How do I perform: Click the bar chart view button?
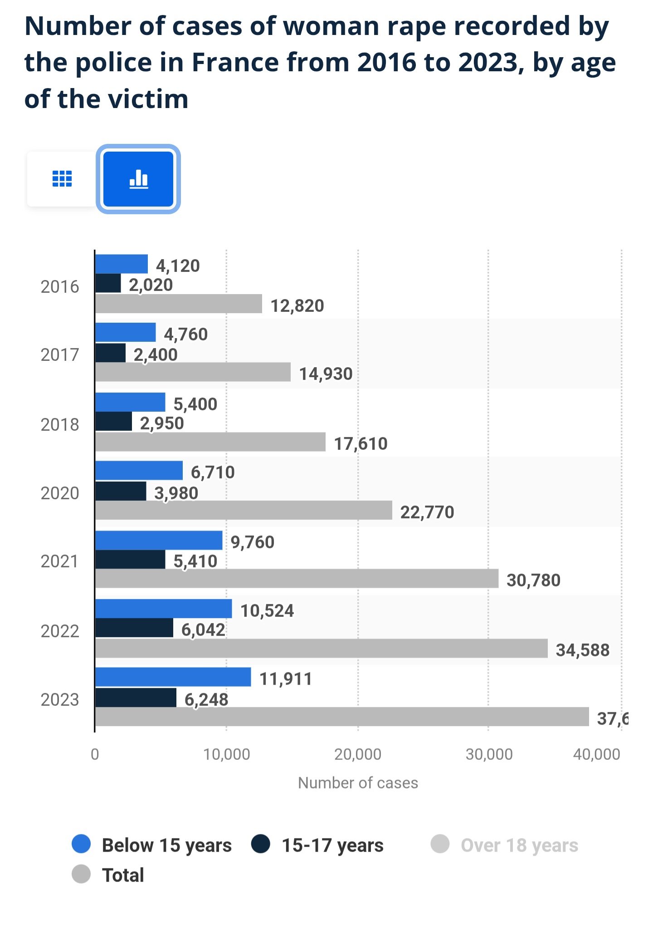pos(138,179)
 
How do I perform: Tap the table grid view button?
pos(62,179)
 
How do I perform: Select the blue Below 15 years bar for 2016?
pos(122,264)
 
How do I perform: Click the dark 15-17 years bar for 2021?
pos(130,560)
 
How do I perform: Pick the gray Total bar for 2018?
pos(210,442)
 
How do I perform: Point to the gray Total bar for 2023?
pos(342,717)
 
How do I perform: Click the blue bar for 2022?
pos(164,609)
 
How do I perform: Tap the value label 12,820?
pos(297,306)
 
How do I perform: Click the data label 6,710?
pos(213,473)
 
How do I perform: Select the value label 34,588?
pos(583,650)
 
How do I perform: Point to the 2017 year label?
pos(60,355)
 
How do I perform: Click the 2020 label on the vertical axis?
pos(60,493)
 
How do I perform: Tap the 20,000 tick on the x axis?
pos(358,754)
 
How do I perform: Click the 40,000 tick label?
pos(596,754)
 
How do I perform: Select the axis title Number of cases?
pos(358,783)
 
